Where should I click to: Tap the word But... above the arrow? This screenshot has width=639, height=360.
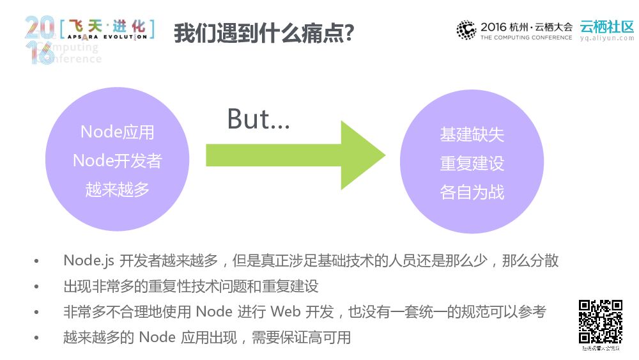tap(258, 119)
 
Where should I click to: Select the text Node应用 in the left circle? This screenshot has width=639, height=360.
tap(118, 132)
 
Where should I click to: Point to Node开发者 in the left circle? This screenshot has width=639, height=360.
tap(118, 160)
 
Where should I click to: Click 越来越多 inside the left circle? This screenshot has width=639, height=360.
tap(118, 189)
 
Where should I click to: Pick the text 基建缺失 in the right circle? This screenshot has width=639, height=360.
tap(472, 135)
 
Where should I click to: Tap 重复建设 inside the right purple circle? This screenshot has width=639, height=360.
tap(472, 164)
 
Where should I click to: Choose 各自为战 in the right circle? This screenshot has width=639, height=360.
tap(472, 192)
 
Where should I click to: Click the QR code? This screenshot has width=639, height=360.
tap(600, 322)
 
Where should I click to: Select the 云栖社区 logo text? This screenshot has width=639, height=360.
tap(607, 27)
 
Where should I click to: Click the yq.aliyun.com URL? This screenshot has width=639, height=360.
tap(607, 38)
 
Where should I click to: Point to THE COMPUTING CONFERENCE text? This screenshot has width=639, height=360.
tap(526, 38)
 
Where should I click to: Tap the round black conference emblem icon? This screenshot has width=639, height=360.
tap(466, 29)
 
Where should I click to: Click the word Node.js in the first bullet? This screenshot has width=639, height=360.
tap(86, 260)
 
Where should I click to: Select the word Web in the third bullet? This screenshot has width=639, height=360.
tap(285, 311)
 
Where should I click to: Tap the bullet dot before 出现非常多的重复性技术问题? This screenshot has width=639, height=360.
tap(36, 286)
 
